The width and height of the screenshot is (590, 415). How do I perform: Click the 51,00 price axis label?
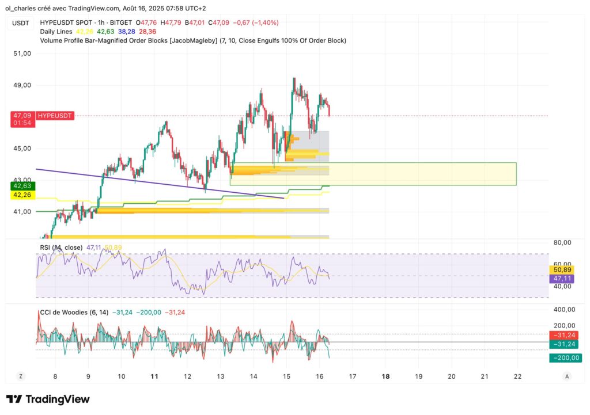[x=22, y=54]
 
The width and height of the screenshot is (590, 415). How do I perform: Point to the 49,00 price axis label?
[x=22, y=85]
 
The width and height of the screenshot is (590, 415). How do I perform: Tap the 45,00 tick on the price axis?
[x=22, y=149]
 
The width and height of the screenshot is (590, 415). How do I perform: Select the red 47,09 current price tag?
[x=23, y=116]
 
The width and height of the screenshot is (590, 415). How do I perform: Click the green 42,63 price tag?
[x=23, y=186]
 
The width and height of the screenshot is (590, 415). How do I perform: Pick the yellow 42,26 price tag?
[x=23, y=195]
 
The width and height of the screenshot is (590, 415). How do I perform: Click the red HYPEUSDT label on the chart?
[x=55, y=116]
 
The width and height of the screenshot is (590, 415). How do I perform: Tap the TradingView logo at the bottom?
[x=48, y=399]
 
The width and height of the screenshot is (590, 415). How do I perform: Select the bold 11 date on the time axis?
[x=154, y=376]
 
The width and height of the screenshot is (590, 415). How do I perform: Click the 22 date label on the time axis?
[x=517, y=376]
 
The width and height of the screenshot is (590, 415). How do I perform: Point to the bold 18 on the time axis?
[x=385, y=376]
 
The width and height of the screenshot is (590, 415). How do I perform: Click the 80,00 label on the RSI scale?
[x=562, y=242]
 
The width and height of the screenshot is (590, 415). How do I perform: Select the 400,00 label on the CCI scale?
[x=565, y=310]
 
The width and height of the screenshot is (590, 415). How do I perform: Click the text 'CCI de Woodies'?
[x=63, y=313]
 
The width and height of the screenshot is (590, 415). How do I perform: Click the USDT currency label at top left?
[x=21, y=23]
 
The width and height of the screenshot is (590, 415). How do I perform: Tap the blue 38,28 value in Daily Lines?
[x=127, y=32]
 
